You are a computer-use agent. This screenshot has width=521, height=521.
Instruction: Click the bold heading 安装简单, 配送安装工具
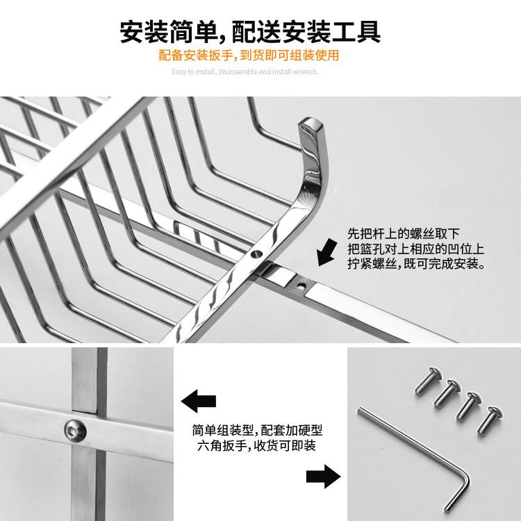click(250, 31)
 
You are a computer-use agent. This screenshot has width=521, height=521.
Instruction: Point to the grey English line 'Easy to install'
click(245, 72)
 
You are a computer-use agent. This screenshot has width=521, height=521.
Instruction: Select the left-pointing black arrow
click(199, 402)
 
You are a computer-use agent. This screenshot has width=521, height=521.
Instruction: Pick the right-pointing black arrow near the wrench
click(323, 477)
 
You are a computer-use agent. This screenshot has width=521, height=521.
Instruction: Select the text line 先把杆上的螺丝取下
click(403, 233)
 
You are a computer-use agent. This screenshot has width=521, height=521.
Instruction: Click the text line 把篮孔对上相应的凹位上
click(415, 249)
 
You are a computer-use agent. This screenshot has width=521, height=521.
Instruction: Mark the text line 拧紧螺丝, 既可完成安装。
click(415, 264)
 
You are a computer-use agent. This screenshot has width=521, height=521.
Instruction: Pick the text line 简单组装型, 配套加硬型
click(257, 430)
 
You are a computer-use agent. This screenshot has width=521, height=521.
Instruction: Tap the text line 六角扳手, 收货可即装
click(257, 446)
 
